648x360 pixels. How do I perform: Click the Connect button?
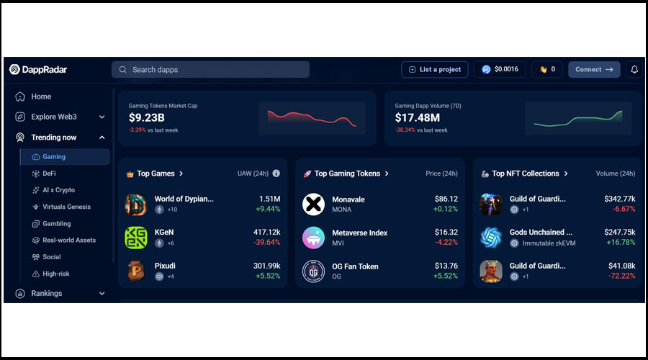pos(594,70)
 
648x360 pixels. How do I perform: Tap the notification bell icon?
pos(634,70)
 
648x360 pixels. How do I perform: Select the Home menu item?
pos(41,96)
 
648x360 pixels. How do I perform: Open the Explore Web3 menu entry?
pos(54,117)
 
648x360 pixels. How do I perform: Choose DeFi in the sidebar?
pos(49,174)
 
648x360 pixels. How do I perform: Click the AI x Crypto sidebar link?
pos(58,190)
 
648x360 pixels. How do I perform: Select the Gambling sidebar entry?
pos(56,224)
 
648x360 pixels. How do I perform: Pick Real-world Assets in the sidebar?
pos(69,240)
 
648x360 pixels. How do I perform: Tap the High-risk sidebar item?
pos(56,274)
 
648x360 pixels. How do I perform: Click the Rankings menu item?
pos(47,294)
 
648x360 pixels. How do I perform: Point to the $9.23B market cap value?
pos(147,117)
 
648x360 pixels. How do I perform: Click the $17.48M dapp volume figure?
pos(418,117)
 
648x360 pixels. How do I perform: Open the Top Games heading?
pos(156,174)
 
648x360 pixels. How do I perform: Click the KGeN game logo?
pos(136,238)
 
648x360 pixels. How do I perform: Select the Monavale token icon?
pos(313,204)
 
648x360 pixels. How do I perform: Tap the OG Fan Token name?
pos(355,266)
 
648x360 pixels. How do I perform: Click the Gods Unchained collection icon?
pos(491,238)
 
